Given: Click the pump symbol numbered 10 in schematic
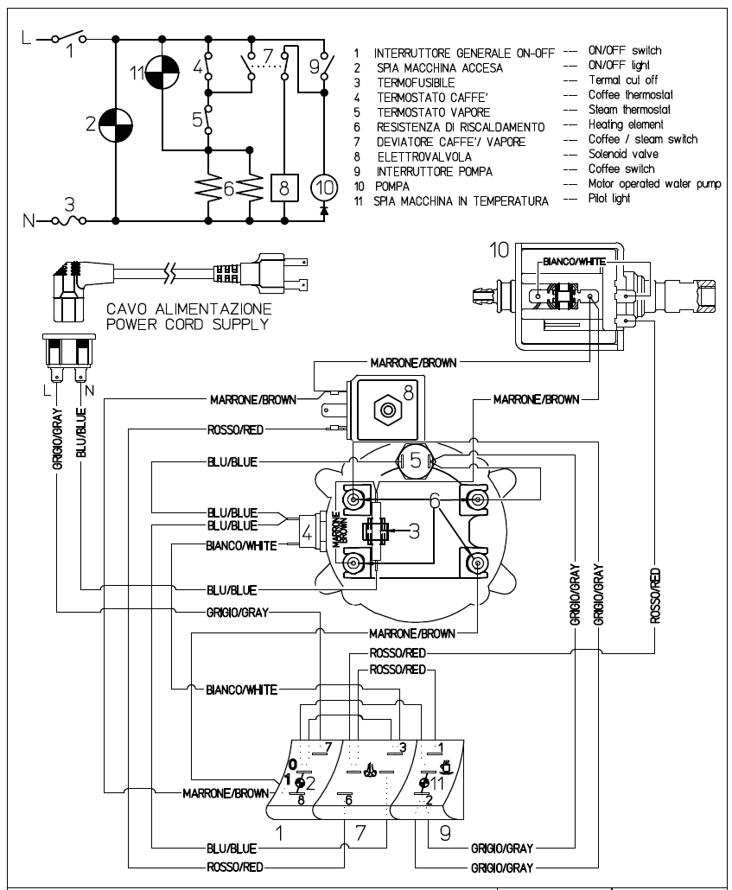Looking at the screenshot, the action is pos(324,187).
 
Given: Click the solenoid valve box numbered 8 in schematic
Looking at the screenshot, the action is pos(284,187).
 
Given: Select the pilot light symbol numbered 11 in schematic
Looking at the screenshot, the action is pos(162,73).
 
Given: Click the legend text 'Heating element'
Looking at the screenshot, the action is pos(625,124).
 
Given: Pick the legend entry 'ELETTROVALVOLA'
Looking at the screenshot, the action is pos(424,156).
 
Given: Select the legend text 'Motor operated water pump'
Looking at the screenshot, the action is pos(655,184).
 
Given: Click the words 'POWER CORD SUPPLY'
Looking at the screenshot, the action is pos(188,325).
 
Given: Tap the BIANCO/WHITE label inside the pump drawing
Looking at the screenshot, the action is pos(574,262).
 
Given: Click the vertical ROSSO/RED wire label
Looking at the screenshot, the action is pos(655,595).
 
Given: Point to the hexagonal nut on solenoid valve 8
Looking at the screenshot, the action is pos(388,410).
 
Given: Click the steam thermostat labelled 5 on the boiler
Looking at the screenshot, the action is pos(416,460).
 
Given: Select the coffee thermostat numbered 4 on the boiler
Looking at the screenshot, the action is pos(309,532).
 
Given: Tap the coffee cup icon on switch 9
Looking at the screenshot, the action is pos(446,766).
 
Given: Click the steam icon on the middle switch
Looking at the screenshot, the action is pos(370,770).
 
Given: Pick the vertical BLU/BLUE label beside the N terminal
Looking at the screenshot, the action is pos(81,432).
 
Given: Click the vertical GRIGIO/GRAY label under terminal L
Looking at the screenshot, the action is pos(57,439).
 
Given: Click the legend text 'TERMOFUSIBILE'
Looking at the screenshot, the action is pos(417,83).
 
